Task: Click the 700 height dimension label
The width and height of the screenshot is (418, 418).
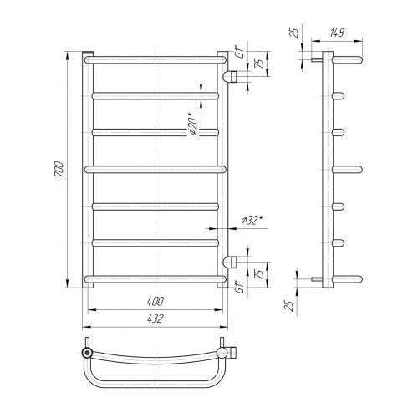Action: pos(59,169)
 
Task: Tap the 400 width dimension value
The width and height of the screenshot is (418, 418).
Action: pos(155,301)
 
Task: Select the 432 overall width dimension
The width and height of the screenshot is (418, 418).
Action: pos(155,319)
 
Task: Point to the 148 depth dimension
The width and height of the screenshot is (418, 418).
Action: pos(337,33)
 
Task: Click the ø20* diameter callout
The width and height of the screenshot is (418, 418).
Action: pos(193,124)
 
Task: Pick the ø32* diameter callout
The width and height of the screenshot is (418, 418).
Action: pos(252,221)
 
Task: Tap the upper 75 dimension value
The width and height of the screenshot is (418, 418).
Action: pos(259,64)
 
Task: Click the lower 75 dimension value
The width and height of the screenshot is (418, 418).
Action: pos(259,274)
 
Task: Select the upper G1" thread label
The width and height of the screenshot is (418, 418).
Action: pos(240,53)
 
